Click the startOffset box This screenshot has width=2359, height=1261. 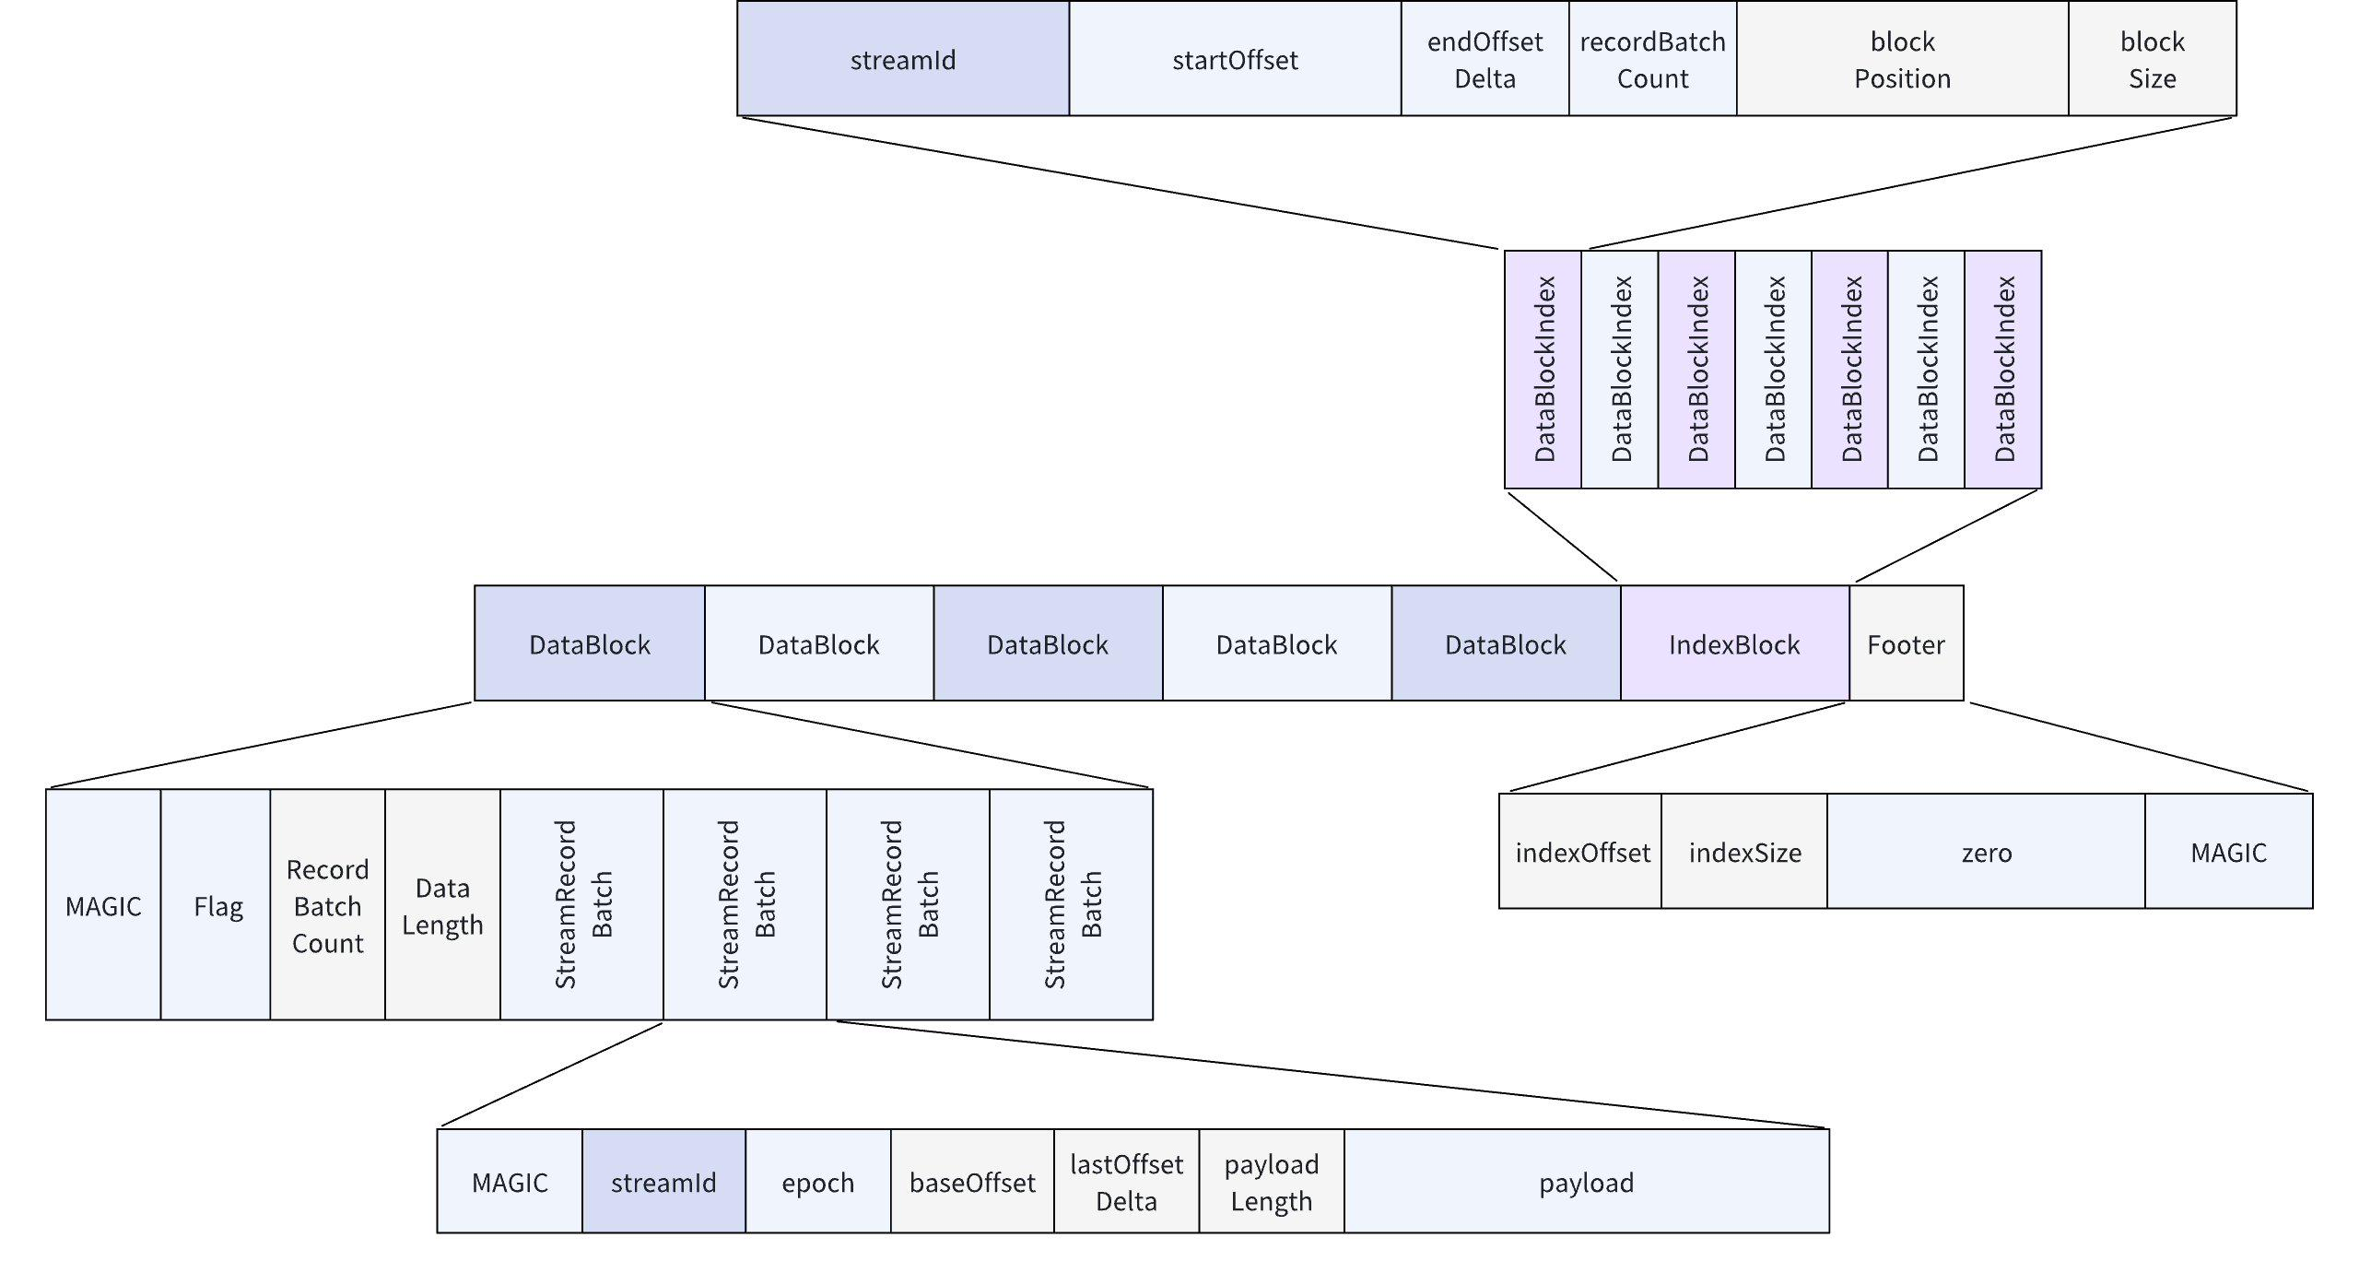(x=1235, y=59)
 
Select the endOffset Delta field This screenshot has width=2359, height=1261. (x=1485, y=59)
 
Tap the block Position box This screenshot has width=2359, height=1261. (x=1902, y=59)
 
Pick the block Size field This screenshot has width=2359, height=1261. (x=2152, y=59)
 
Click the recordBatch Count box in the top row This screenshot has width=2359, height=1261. (x=1652, y=59)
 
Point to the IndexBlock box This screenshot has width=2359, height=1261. (x=1734, y=643)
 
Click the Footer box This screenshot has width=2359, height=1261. (x=1906, y=643)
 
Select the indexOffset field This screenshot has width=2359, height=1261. (x=1581, y=852)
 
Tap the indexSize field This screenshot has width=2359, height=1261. (x=1744, y=852)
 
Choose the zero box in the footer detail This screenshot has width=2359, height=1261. (x=1986, y=852)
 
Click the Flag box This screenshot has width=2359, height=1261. (x=217, y=905)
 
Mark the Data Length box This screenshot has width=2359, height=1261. (x=442, y=905)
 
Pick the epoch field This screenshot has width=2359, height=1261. (x=817, y=1182)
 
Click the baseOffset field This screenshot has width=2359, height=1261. (x=972, y=1182)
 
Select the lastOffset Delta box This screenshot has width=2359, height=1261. (x=1126, y=1182)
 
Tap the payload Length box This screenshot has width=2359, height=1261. (x=1271, y=1182)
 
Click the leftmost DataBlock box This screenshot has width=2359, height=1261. (x=590, y=643)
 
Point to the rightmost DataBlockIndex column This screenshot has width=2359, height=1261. (x=2003, y=369)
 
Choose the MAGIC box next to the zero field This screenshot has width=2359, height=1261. (x=2228, y=852)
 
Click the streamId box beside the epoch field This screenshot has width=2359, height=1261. (x=663, y=1182)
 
